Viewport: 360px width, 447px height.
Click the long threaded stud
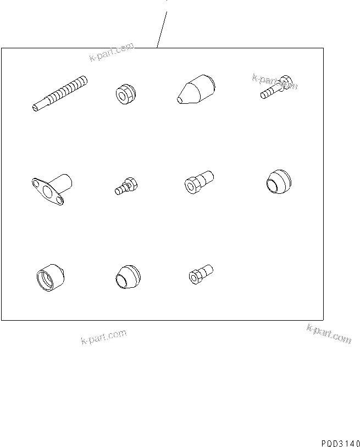click(60, 94)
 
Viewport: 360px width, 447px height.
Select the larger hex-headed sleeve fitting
click(198, 182)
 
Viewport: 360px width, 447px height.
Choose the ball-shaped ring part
click(276, 182)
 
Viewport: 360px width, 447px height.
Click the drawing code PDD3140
click(340, 442)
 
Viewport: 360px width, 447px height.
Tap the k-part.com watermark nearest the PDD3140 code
click(329, 334)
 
